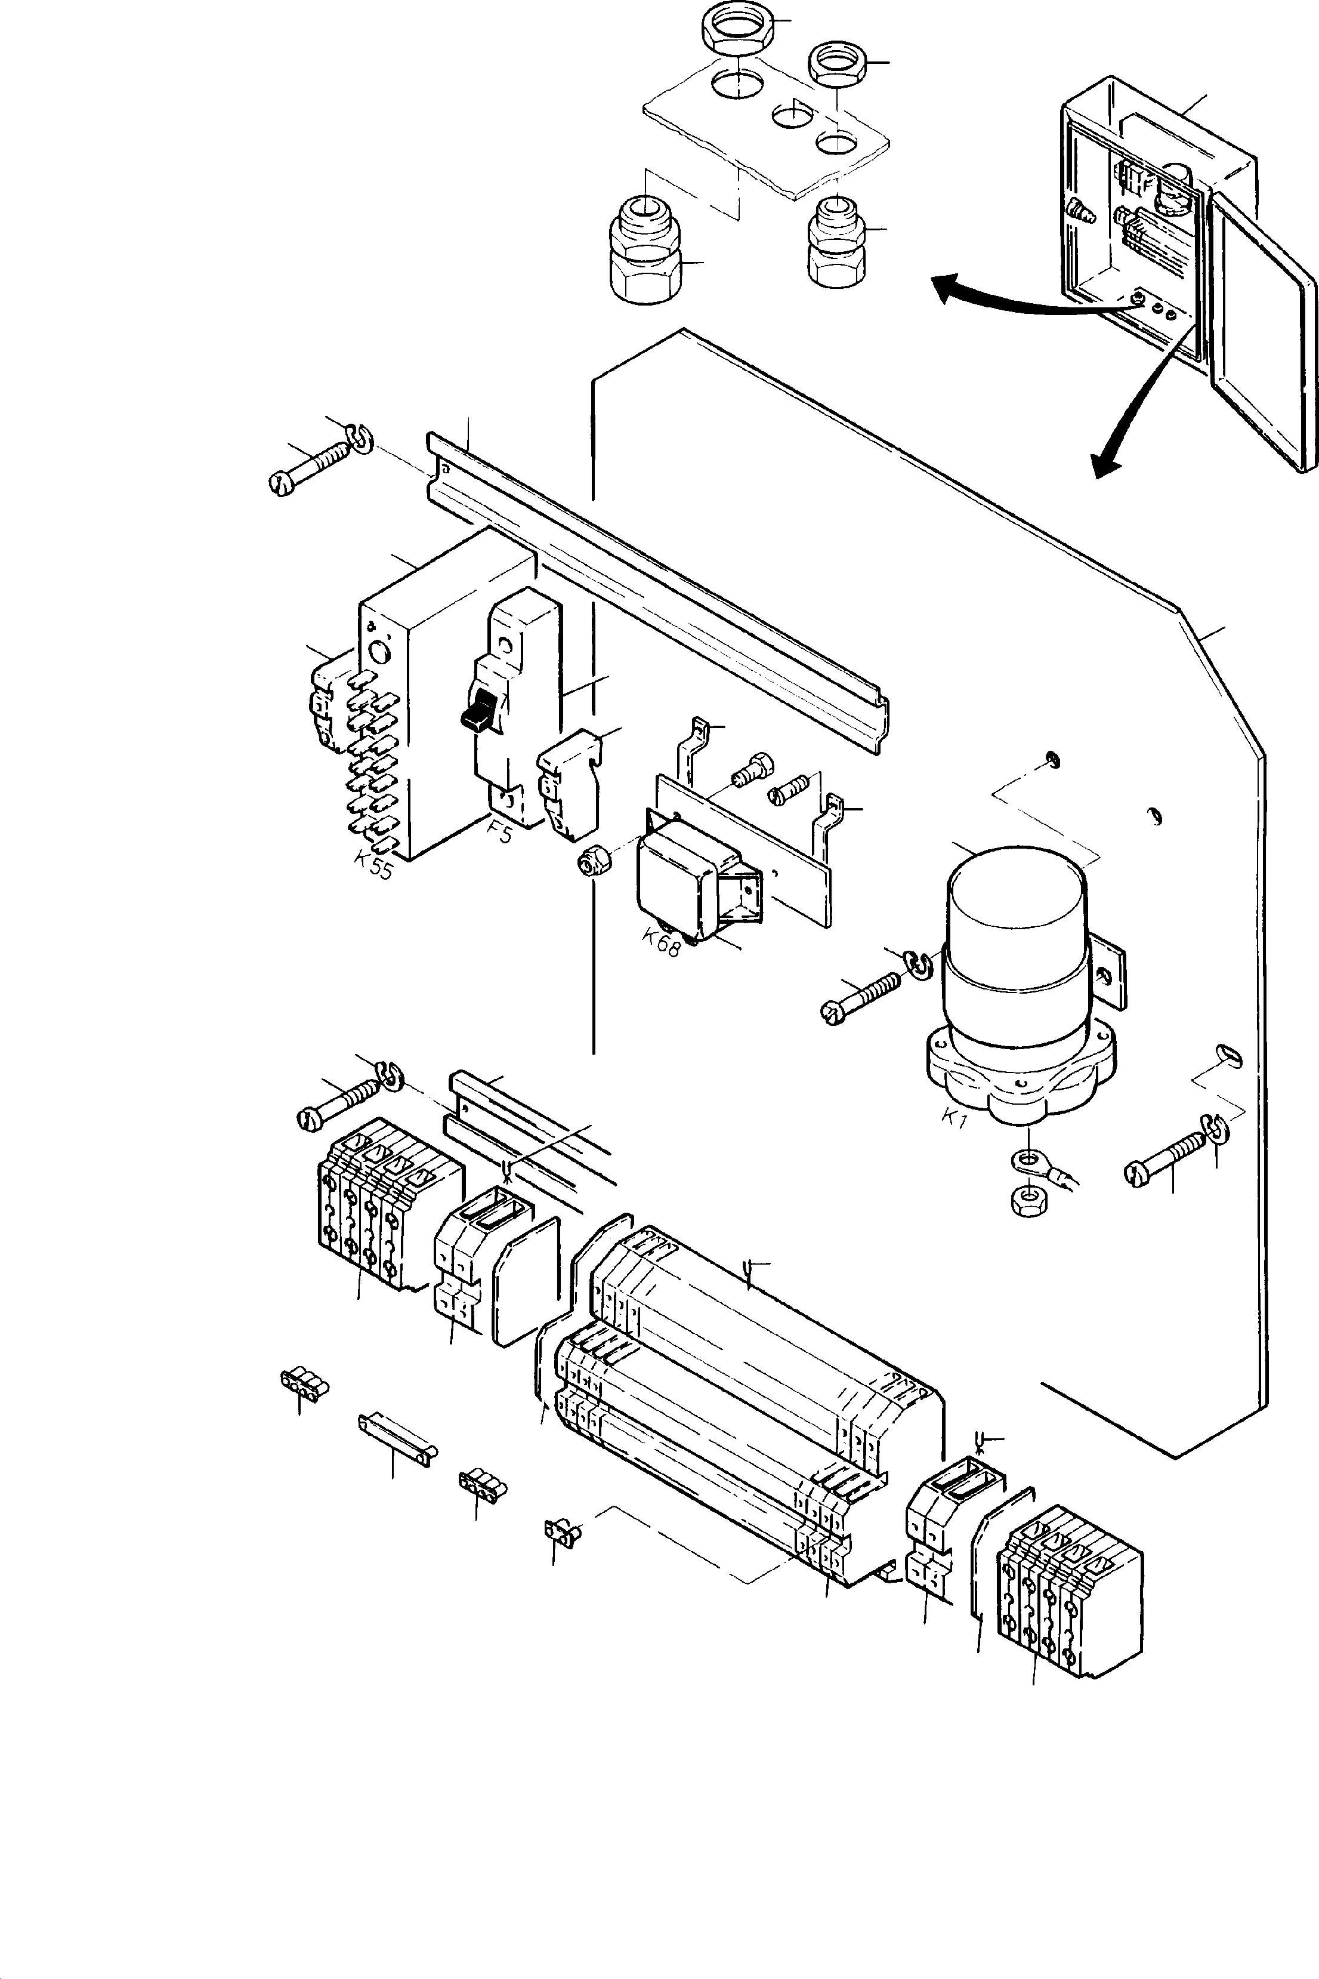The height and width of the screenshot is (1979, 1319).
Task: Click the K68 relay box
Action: pyautogui.click(x=681, y=883)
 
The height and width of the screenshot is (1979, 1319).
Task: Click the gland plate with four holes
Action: pyautogui.click(x=765, y=135)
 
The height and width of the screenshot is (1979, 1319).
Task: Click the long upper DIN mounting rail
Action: pyautogui.click(x=656, y=589)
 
